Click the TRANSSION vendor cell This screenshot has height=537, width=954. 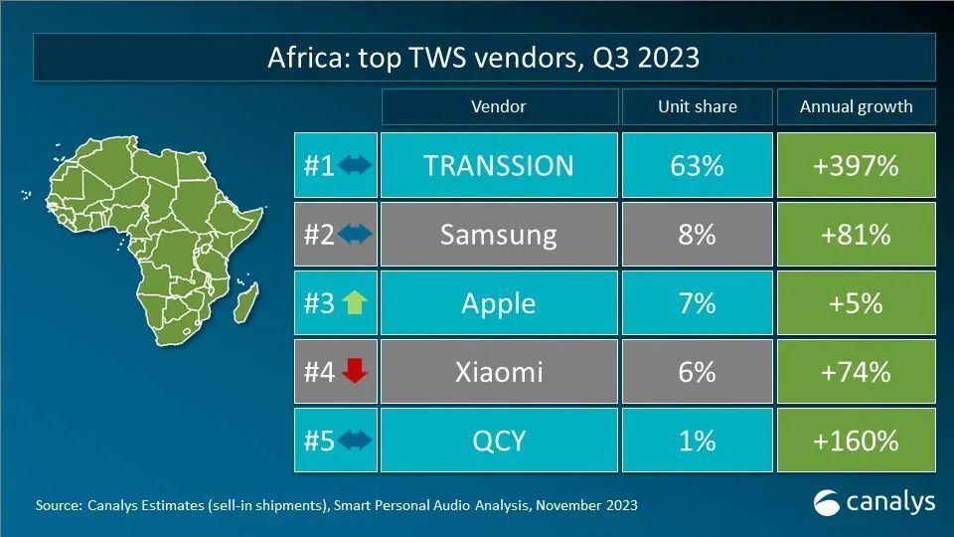coord(498,165)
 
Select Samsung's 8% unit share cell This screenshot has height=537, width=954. coord(697,234)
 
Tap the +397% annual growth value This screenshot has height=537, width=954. coord(856,165)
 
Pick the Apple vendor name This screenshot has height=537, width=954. coord(498,302)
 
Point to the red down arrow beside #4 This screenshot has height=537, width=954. coord(355,372)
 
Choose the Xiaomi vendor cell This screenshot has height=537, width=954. coord(498,372)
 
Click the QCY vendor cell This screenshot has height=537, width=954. coord(498,440)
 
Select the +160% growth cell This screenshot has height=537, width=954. coord(856,440)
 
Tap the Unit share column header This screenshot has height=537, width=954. coord(697,106)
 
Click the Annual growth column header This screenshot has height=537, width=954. coord(856,106)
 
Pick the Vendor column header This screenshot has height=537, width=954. coord(498,106)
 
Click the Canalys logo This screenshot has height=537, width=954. coord(874,502)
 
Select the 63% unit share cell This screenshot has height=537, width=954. coord(697,165)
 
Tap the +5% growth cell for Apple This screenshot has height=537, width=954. coord(856,302)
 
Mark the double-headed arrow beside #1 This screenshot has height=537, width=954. coord(355,166)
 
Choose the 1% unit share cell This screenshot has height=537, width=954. coord(697,440)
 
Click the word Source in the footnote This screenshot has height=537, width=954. coord(58,506)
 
